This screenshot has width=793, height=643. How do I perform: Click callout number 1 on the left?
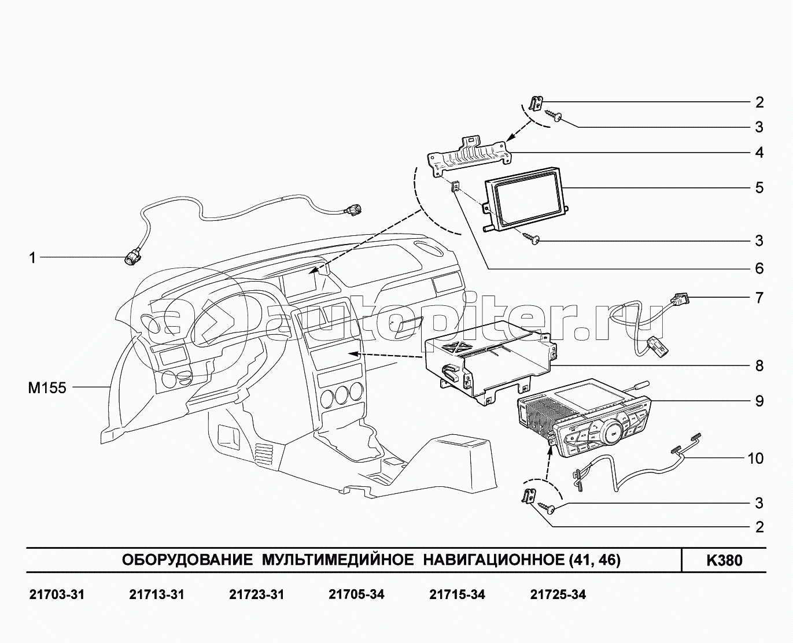[33, 258]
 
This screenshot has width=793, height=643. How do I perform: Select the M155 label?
[47, 388]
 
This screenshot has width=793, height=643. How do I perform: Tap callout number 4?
[759, 153]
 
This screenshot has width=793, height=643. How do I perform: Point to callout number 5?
[759, 188]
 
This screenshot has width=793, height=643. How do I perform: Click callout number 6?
[759, 269]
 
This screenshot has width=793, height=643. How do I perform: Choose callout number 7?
[759, 298]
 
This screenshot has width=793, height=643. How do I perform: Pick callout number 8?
[759, 366]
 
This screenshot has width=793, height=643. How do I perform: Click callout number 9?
[759, 401]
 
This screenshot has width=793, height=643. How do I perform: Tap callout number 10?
[755, 459]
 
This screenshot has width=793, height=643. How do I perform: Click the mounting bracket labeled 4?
[468, 156]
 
